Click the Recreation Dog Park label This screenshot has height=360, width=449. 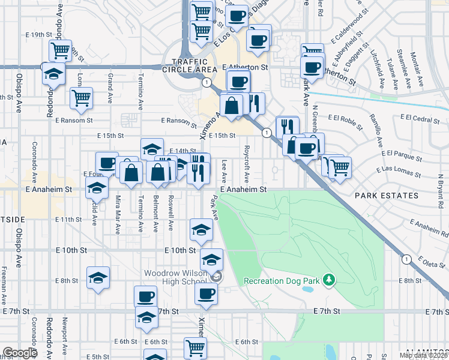pyautogui.click(x=282, y=281)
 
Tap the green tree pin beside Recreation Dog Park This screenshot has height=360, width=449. pyautogui.click(x=328, y=280)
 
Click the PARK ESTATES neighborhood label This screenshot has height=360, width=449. pyautogui.click(x=386, y=196)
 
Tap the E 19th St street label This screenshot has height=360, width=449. pyautogui.click(x=39, y=35)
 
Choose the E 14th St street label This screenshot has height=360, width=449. pyautogui.click(x=183, y=151)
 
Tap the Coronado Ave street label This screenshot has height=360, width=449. pyautogui.click(x=34, y=163)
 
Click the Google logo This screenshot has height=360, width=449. pyautogui.click(x=20, y=353)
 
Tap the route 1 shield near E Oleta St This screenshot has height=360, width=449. pyautogui.click(x=406, y=259)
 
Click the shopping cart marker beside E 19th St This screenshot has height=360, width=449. pyautogui.click(x=60, y=51)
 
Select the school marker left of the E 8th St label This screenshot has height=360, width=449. pyautogui.click(x=98, y=278)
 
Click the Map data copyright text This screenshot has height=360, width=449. pyautogui.click(x=423, y=355)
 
